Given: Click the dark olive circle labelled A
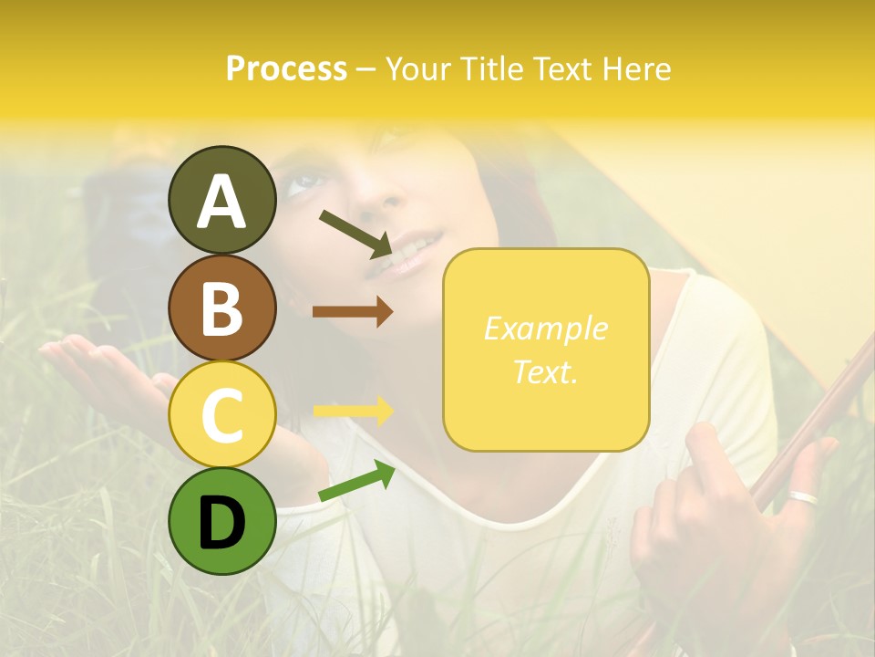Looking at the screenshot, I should pos(222,200).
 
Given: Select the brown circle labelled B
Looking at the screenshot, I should pos(222,308).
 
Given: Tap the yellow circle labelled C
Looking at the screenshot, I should pos(222,415).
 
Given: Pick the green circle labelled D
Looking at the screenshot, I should pos(222,522).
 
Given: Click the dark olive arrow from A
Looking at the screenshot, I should pos(356,232).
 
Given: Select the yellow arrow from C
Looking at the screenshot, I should pos(353,411).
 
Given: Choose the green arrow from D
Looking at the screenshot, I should pos(356,483).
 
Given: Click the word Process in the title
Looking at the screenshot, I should pos(286,68).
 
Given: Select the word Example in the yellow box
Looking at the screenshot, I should pos(545,328).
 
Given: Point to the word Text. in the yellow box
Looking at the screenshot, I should pos(545,371).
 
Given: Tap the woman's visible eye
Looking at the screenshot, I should pos(304,183).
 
